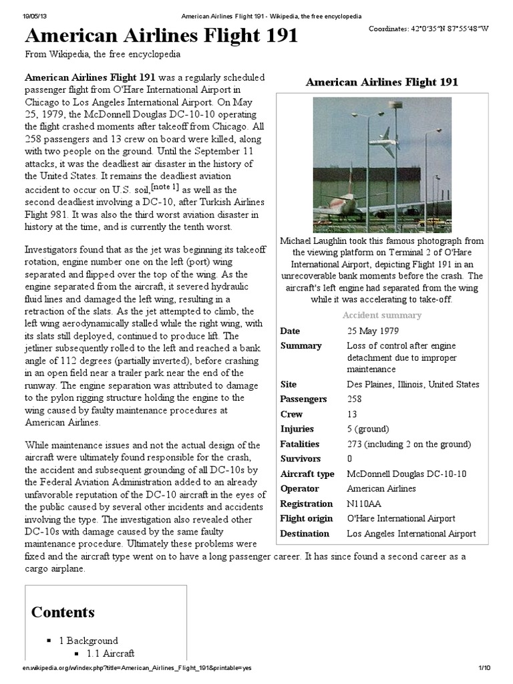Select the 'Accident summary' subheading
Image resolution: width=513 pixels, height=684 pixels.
(x=381, y=315)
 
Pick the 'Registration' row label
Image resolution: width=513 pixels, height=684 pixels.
(x=306, y=504)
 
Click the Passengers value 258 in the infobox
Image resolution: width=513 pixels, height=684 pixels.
(x=356, y=399)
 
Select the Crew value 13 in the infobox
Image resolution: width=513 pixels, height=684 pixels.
(x=353, y=414)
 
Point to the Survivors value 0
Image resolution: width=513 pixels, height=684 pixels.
(x=350, y=459)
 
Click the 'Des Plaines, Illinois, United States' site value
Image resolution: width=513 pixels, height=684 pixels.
(x=413, y=384)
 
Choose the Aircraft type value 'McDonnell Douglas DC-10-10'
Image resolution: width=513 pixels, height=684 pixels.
(x=407, y=474)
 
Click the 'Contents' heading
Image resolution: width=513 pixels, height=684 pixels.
(x=63, y=612)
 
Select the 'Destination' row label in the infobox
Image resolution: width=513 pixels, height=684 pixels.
(x=305, y=534)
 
